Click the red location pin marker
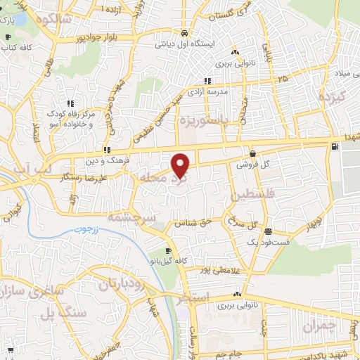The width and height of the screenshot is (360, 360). click(181, 165)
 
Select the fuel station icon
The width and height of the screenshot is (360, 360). click(333, 146)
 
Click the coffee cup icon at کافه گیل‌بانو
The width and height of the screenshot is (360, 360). click(167, 251)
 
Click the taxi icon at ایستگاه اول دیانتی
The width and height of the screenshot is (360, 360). click(184, 33)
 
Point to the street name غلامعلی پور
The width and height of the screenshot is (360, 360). click(205, 270)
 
